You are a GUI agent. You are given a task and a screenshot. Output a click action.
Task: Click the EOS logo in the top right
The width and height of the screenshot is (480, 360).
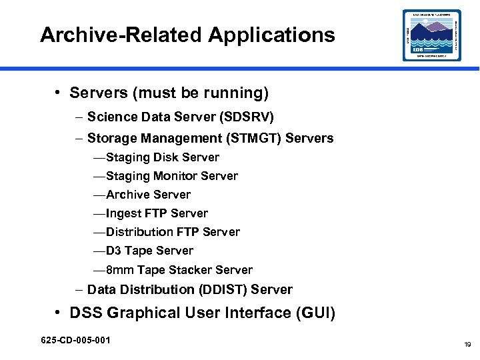pyautogui.click(x=431, y=35)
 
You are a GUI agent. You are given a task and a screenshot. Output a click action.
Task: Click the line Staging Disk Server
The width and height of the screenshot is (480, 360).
pyautogui.click(x=162, y=157)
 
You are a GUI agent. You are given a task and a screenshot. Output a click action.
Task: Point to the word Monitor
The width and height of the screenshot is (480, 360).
pyautogui.click(x=176, y=176)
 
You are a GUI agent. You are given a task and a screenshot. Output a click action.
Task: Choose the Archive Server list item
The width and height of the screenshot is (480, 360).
pyautogui.click(x=148, y=195)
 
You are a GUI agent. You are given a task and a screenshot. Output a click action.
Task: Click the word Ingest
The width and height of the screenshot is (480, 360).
pyautogui.click(x=123, y=213)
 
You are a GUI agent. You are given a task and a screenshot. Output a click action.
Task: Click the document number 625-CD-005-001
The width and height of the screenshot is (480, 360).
pyautogui.click(x=75, y=341)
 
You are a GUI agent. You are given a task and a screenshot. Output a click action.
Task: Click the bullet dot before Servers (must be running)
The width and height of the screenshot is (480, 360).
pyautogui.click(x=59, y=93)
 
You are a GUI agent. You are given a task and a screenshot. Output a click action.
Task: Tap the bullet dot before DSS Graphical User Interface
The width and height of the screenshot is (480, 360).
pyautogui.click(x=59, y=313)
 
